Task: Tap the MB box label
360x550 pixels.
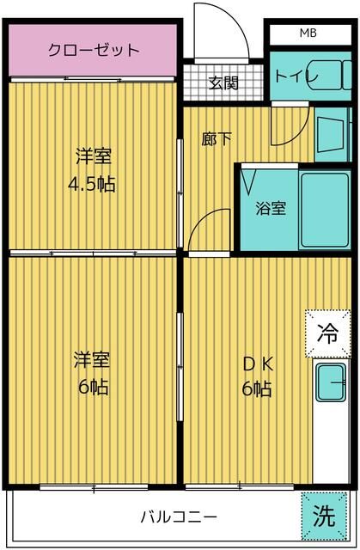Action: click(307, 34)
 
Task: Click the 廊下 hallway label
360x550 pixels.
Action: click(216, 137)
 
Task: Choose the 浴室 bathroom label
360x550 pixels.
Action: click(271, 207)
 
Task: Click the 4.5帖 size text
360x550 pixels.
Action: click(93, 183)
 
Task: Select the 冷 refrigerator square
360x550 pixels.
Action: click(328, 332)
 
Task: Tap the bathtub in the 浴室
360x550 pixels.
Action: click(324, 207)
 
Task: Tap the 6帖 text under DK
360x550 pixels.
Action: click(256, 389)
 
